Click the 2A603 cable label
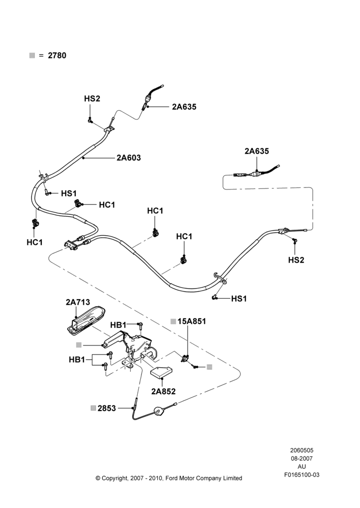click(x=129, y=158)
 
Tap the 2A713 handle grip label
click(x=78, y=302)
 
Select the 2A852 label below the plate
click(x=163, y=391)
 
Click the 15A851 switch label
click(x=192, y=321)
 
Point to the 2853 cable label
click(x=107, y=408)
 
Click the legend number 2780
click(x=57, y=55)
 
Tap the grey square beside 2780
click(x=32, y=55)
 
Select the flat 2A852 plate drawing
click(x=162, y=372)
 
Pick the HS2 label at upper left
click(x=92, y=99)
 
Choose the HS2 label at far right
click(x=296, y=260)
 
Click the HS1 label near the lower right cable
click(x=239, y=298)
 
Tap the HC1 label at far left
click(x=35, y=242)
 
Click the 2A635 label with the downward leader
click(x=257, y=151)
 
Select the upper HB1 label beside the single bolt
click(x=118, y=325)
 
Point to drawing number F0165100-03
click(x=302, y=474)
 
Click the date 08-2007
click(x=302, y=458)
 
